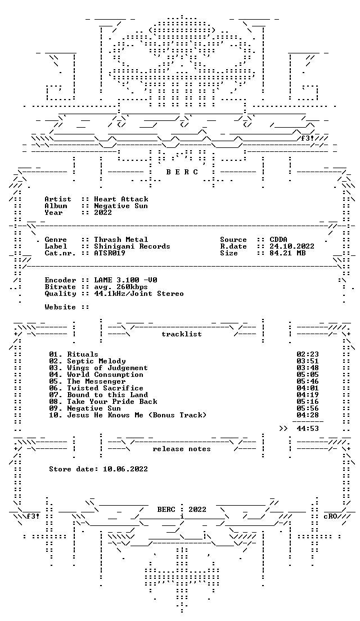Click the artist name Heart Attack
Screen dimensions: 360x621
[x=121, y=199]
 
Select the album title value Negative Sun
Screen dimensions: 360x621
[x=121, y=206]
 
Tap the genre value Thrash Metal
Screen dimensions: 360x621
[x=121, y=240]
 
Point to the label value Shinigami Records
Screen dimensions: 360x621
[x=132, y=246]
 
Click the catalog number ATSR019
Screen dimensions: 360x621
[x=109, y=253]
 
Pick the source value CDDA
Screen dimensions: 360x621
[x=278, y=240]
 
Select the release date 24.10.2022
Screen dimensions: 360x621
[x=292, y=246]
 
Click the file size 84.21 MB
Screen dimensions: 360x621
[x=287, y=253]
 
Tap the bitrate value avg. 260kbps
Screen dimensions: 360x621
[x=121, y=287]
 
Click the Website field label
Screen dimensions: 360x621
[x=60, y=307]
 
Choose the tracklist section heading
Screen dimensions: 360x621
[x=181, y=334]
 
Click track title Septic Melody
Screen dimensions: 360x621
[x=96, y=361]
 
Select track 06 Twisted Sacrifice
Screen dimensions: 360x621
[x=96, y=388]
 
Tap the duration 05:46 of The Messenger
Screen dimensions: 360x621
[x=308, y=381]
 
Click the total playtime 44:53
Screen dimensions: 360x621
[x=308, y=429]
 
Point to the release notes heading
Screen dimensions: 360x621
[x=181, y=449]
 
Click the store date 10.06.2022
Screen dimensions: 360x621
[x=125, y=469]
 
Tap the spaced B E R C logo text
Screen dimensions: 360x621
[x=181, y=172]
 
